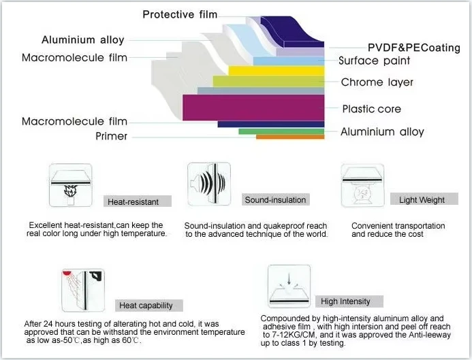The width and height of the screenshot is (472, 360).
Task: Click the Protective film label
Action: (180, 14)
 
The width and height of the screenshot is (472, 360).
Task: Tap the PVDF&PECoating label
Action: (414, 48)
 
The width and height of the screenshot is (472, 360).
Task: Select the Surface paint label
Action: (374, 61)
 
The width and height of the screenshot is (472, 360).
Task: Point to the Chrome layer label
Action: (377, 82)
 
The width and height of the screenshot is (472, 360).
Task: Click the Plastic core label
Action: (371, 109)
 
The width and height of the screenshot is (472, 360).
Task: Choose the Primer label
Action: (112, 136)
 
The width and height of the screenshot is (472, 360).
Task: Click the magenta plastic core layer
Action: (253, 108)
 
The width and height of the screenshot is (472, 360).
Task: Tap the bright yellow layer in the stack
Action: (277, 71)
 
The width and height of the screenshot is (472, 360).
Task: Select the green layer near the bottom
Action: (281, 131)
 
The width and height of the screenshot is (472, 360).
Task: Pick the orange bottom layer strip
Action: (290, 137)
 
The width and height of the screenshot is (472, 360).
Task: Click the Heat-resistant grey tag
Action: (138, 201)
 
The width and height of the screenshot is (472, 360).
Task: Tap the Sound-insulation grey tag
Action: (275, 199)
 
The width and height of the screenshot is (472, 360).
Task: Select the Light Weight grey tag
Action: (424, 199)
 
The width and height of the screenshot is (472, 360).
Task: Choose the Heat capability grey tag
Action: (148, 306)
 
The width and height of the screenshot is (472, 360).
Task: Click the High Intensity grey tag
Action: (349, 301)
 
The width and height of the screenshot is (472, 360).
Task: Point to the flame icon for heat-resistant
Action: (70, 191)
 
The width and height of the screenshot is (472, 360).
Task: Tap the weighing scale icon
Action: (362, 193)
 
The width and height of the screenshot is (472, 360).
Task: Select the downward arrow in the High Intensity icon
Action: (289, 279)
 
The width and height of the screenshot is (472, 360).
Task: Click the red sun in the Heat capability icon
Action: (67, 273)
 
